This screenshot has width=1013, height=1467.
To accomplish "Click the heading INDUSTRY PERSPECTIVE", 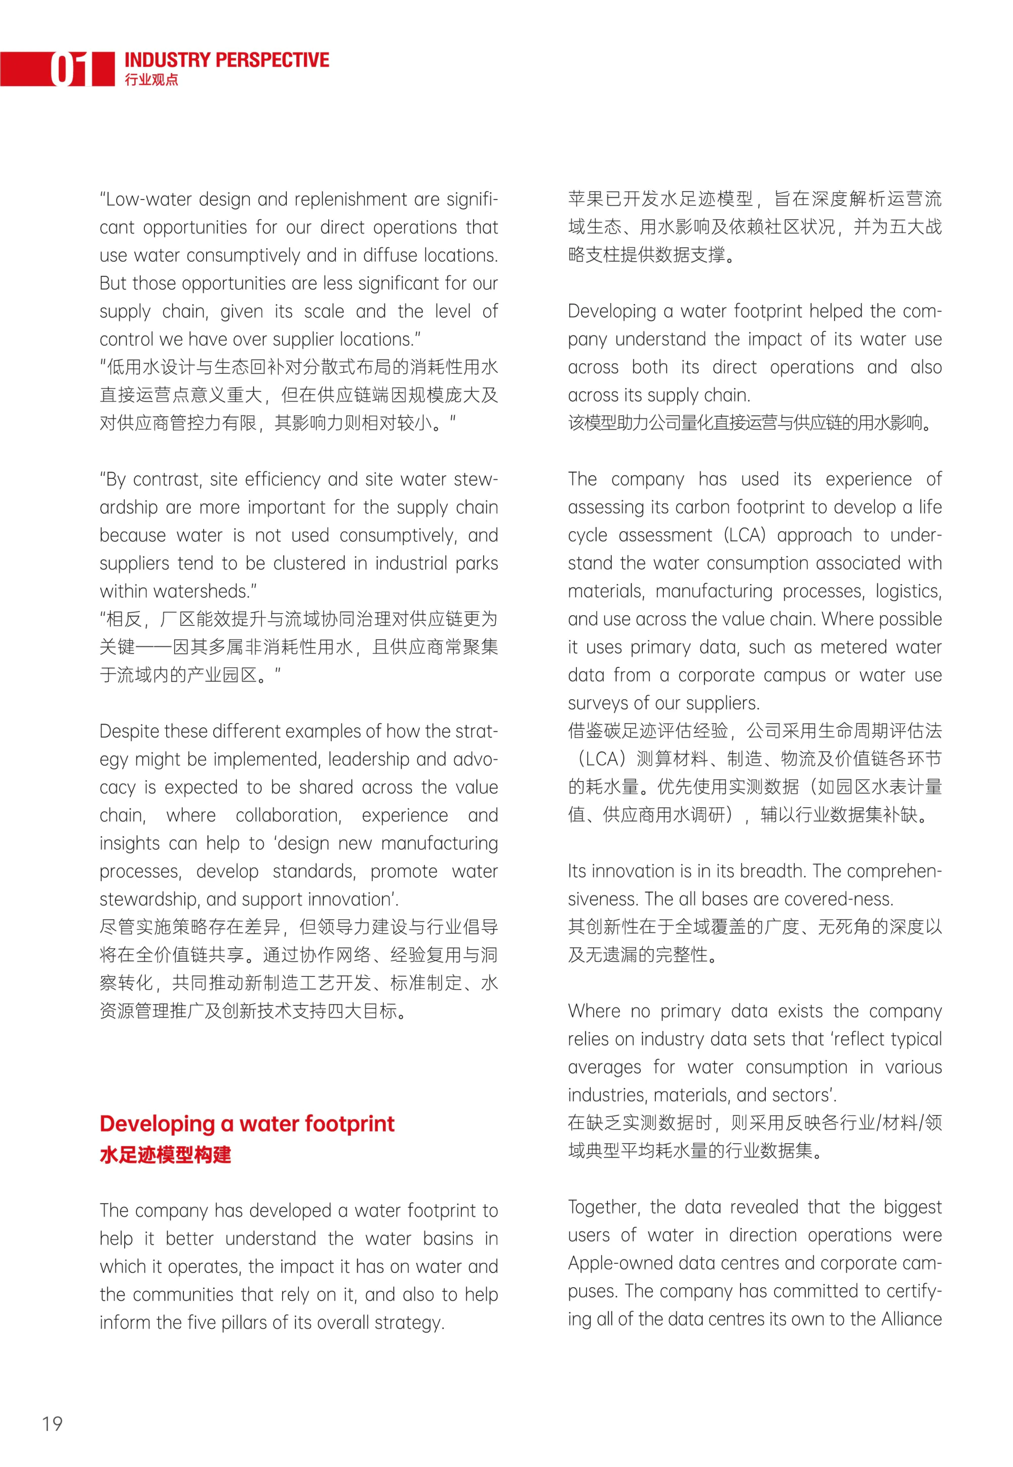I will (x=226, y=60).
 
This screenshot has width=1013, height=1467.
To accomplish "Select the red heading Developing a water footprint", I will (x=247, y=1123).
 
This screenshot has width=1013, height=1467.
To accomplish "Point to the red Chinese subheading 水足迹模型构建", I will (x=165, y=1154).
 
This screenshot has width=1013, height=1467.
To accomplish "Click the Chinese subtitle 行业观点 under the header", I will (x=151, y=80).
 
